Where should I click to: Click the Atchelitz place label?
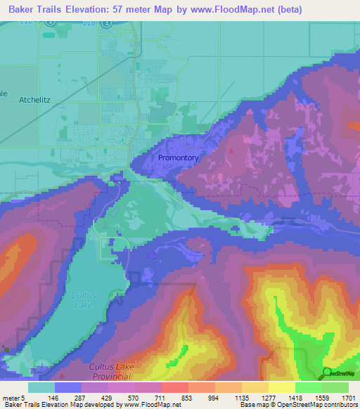tap(32, 100)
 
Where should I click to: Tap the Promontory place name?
tap(178, 158)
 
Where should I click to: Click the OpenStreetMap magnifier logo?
tap(328, 372)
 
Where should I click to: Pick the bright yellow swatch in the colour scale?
tap(282, 387)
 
